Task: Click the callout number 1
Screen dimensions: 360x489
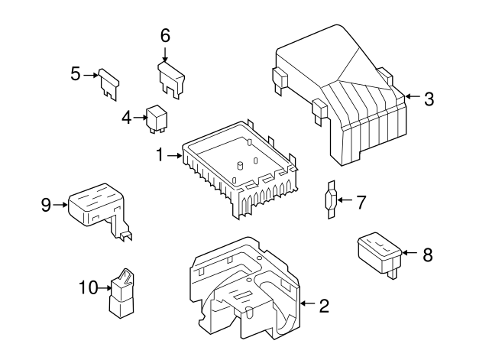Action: click(160, 155)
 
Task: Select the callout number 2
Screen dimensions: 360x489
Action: click(324, 306)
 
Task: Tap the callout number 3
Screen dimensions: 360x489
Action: click(429, 98)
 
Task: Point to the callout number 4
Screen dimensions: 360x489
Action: click(127, 117)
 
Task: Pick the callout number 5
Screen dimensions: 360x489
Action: click(76, 74)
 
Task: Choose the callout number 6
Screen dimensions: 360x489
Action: click(165, 35)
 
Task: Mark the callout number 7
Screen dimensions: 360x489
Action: click(361, 202)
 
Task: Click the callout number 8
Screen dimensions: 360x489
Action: click(427, 255)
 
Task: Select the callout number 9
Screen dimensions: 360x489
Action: click(46, 204)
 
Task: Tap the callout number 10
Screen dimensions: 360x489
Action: click(89, 287)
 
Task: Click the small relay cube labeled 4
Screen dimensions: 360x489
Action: click(159, 118)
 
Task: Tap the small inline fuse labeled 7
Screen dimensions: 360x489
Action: click(329, 201)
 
